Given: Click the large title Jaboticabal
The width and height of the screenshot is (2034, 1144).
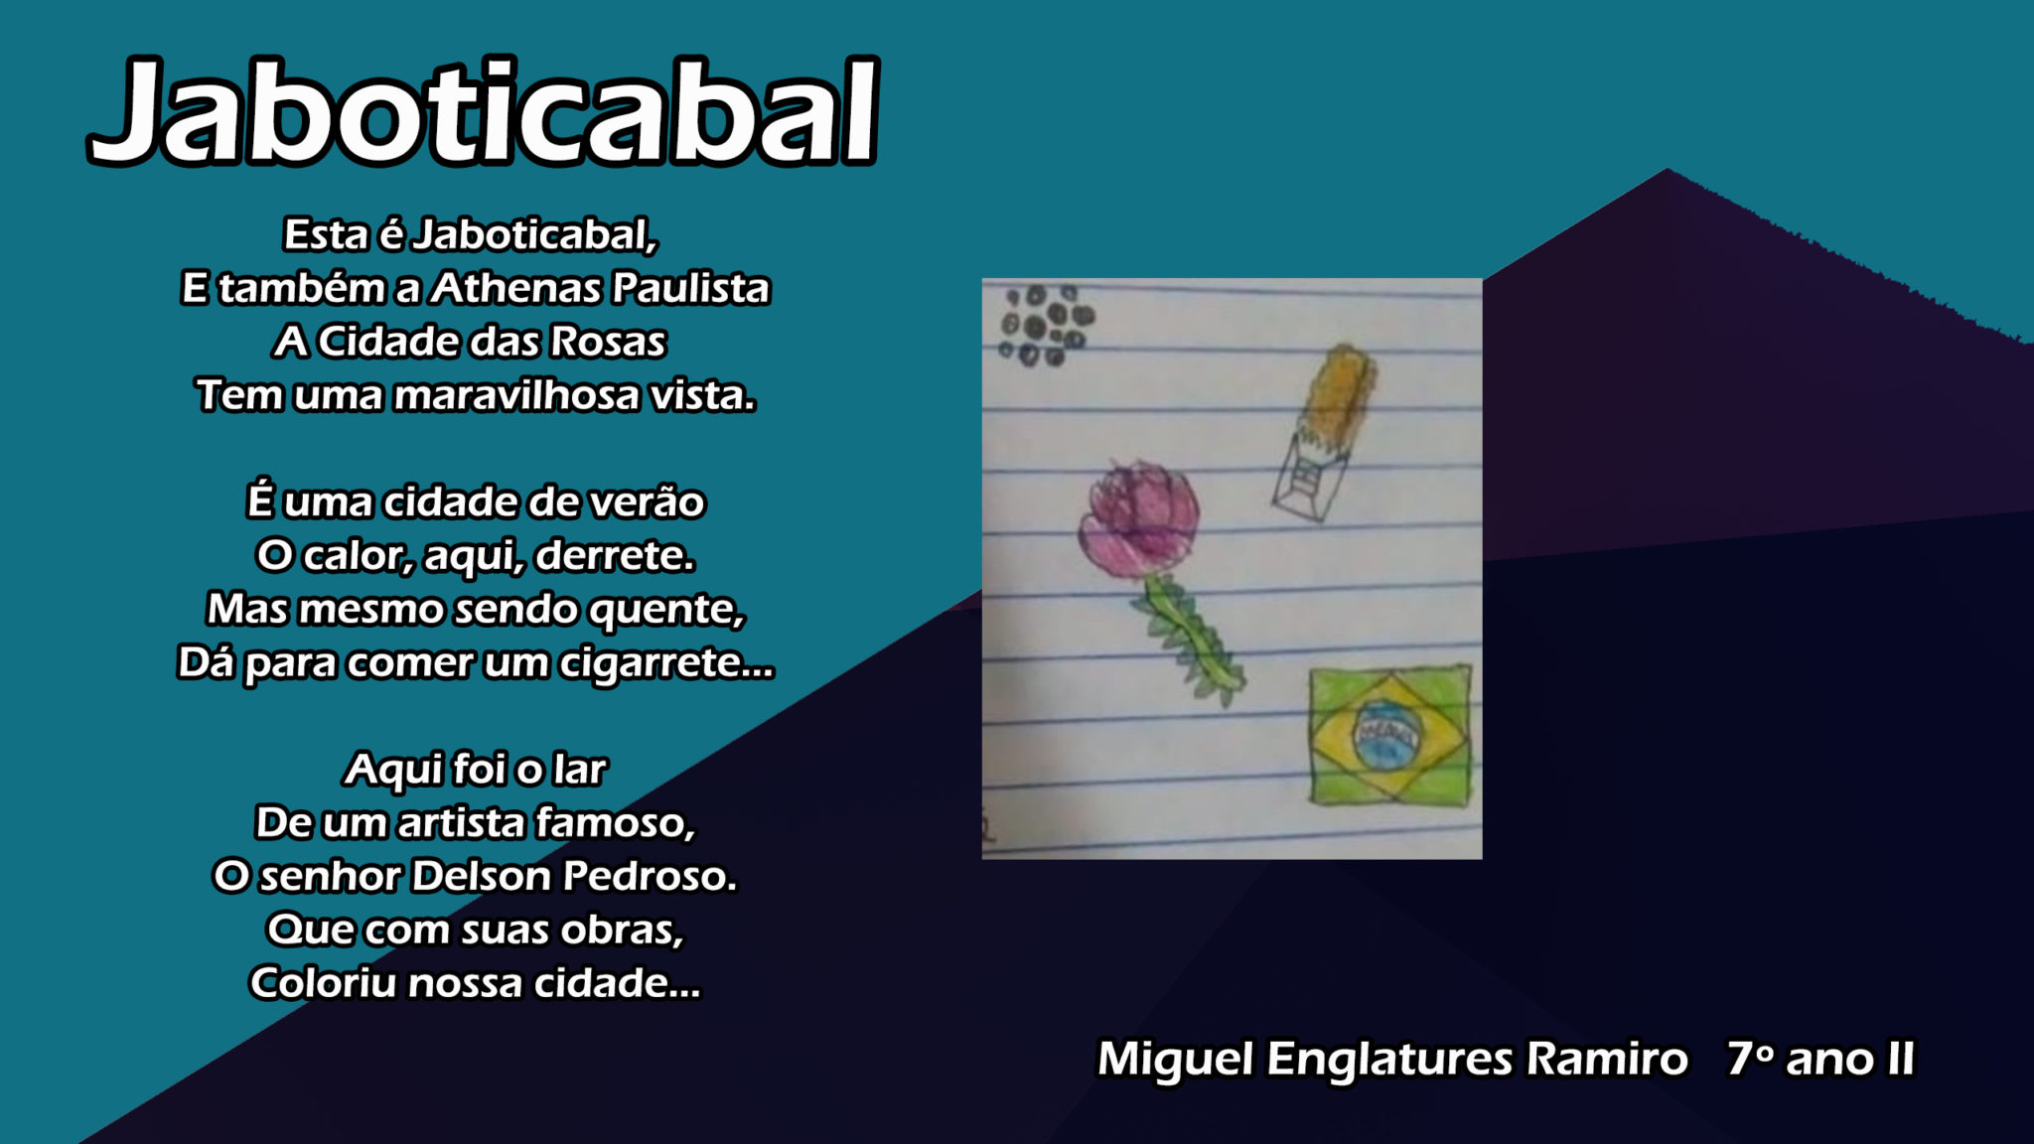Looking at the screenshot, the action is pyautogui.click(x=484, y=111).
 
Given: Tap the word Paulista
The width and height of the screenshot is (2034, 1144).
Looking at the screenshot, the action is pyautogui.click(x=690, y=288).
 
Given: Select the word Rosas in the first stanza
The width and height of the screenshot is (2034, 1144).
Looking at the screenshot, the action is pyautogui.click(x=607, y=342).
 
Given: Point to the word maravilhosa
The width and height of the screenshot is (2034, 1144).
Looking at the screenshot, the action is pyautogui.click(x=516, y=395).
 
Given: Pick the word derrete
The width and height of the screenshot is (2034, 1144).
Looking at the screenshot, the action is pyautogui.click(x=615, y=556).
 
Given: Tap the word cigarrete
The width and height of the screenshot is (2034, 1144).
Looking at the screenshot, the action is pyautogui.click(x=666, y=663).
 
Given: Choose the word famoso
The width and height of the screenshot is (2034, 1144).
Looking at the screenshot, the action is pyautogui.click(x=615, y=823).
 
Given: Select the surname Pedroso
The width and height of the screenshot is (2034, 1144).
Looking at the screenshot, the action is pyautogui.click(x=650, y=877).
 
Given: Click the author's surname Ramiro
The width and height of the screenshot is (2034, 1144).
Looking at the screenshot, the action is pyautogui.click(x=1606, y=1059).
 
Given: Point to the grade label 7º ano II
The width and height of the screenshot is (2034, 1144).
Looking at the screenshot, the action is pyautogui.click(x=1820, y=1059).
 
